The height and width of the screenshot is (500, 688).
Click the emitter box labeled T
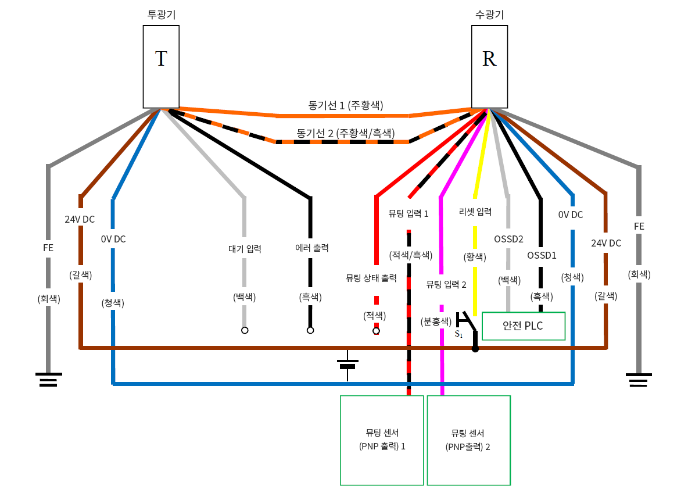[161, 66]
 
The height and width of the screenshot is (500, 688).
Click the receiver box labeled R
[489, 66]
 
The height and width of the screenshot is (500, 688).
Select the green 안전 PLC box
[524, 326]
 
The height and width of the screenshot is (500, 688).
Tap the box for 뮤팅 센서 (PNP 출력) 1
[382, 440]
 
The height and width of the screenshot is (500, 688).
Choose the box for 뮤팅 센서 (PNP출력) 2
[468, 440]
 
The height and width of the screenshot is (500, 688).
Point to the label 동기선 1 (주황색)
[346, 105]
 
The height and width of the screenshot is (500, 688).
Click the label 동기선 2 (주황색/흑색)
[345, 133]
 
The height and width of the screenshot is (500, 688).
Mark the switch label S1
[458, 334]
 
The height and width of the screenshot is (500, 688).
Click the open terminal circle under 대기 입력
[245, 330]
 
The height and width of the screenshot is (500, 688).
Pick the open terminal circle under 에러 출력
[310, 330]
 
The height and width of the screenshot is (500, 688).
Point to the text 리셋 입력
[475, 212]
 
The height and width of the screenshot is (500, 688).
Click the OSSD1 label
[542, 255]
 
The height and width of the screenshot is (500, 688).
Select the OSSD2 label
[509, 239]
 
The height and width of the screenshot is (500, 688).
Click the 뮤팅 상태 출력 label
[371, 278]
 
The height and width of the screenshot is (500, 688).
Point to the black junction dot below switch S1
[475, 349]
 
